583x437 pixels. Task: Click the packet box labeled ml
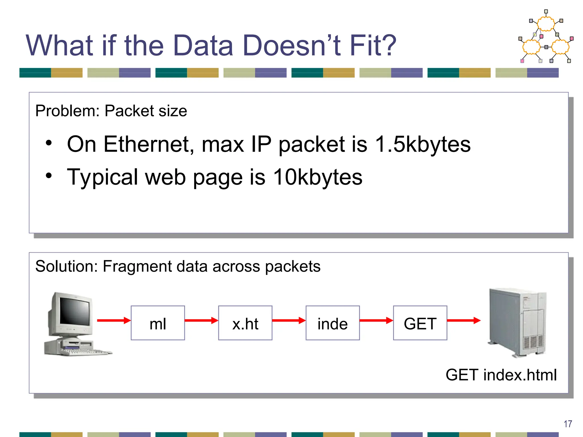click(x=158, y=323)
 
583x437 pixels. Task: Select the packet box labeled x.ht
click(x=245, y=323)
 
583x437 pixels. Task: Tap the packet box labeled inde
click(x=332, y=323)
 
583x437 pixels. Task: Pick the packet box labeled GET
click(x=420, y=323)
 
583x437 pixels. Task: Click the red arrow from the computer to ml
click(x=114, y=321)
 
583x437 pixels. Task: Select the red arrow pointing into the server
click(x=463, y=321)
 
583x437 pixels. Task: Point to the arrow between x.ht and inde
click(x=289, y=321)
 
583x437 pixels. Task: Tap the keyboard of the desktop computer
click(x=85, y=352)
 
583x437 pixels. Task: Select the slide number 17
click(x=568, y=424)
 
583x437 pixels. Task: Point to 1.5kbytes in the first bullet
click(x=423, y=144)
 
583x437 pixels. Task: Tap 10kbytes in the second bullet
click(x=317, y=177)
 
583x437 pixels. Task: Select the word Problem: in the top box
click(x=67, y=111)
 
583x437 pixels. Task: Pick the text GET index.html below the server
click(x=501, y=375)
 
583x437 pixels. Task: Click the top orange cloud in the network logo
click(x=546, y=24)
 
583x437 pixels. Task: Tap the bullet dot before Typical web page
click(x=49, y=176)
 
